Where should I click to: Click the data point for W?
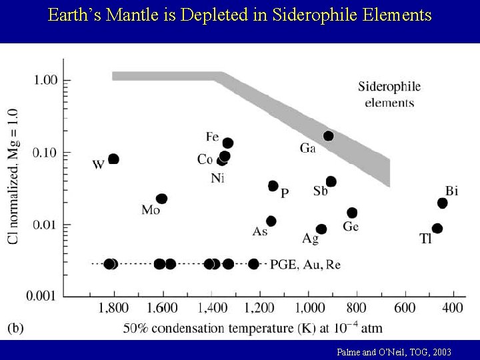click(113, 159)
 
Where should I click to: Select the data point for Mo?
click(161, 199)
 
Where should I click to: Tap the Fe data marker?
click(227, 143)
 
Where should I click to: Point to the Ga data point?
click(328, 136)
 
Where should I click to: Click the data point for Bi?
click(442, 203)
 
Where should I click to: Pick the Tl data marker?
click(437, 228)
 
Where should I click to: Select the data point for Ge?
click(352, 213)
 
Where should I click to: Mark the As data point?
click(271, 221)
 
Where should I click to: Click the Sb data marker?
click(331, 181)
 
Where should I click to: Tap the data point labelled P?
click(273, 185)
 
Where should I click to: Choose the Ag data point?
click(321, 229)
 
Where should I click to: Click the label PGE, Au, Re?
click(305, 265)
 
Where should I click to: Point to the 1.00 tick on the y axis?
click(46, 80)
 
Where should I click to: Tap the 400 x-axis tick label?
click(452, 308)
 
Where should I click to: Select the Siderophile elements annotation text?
click(389, 94)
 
